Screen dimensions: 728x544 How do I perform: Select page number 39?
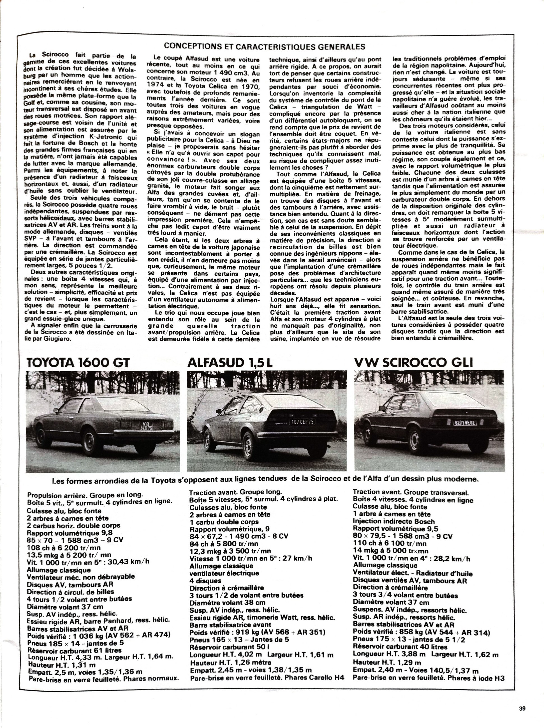coord(522,706)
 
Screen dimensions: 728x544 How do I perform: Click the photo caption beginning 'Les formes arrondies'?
coord(265,480)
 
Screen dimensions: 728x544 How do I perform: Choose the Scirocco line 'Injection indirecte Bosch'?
coord(394,521)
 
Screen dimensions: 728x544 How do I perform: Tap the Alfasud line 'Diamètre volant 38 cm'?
coord(227,602)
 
